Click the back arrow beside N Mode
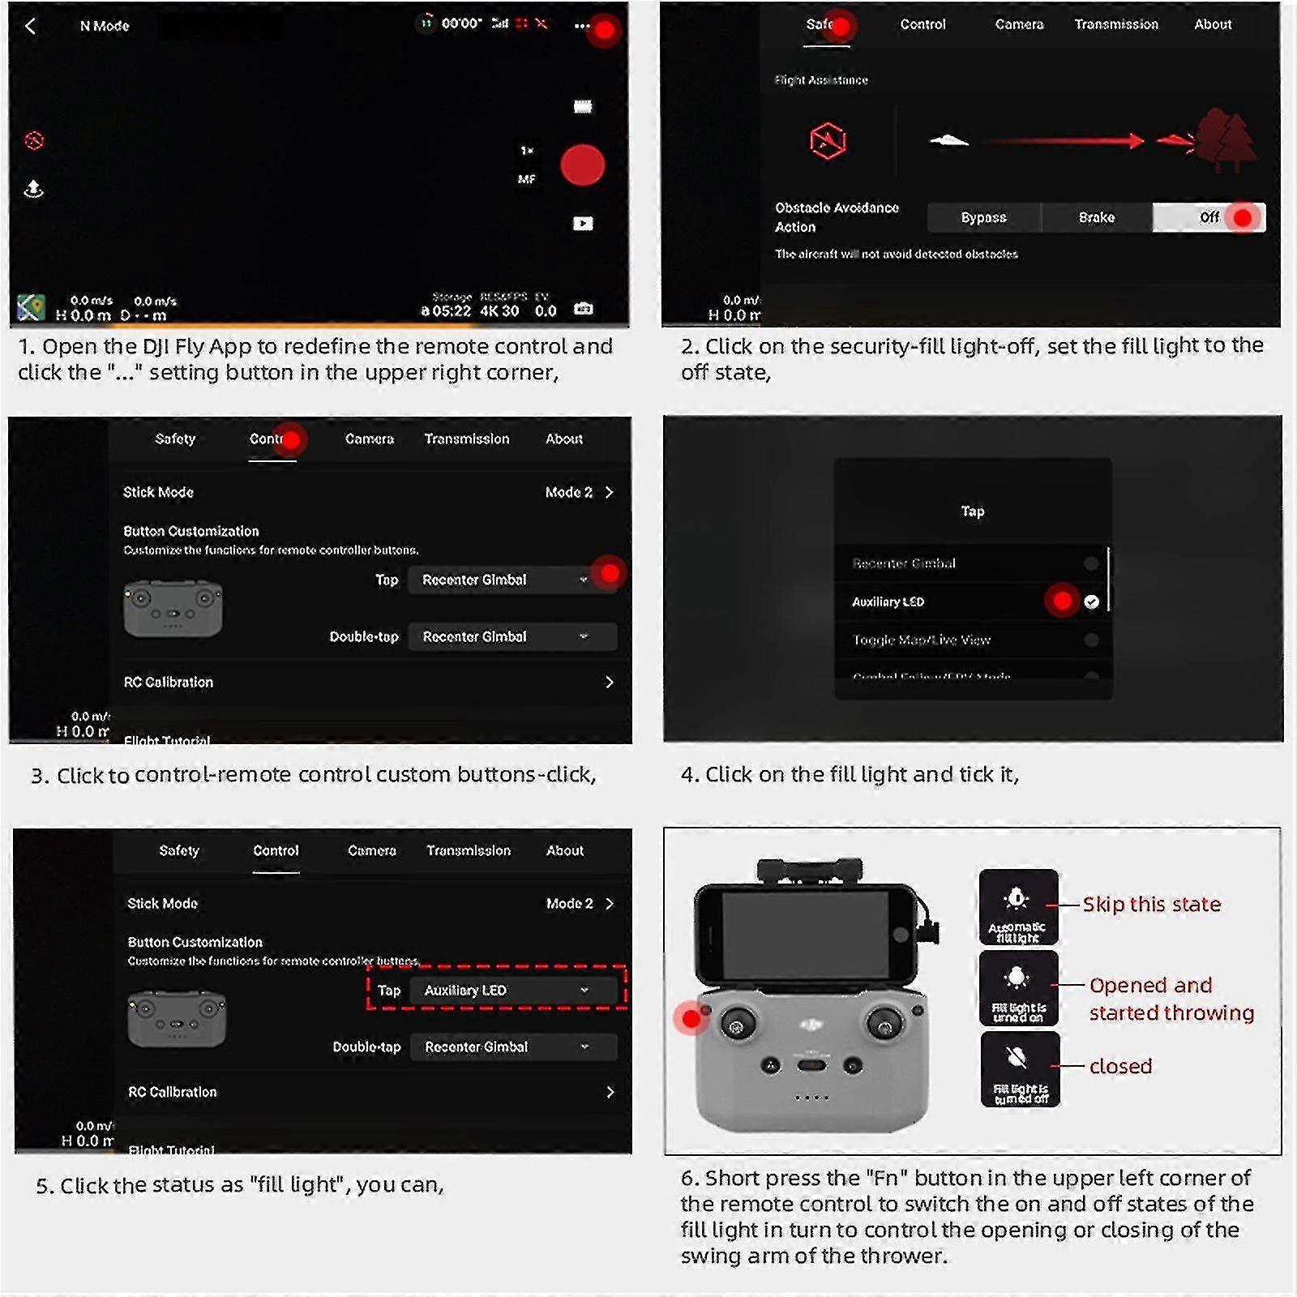pos(30,26)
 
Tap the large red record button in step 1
pos(582,165)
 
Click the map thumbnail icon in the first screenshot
pos(31,307)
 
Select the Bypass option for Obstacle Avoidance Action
pos(983,217)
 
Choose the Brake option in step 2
pos(1096,217)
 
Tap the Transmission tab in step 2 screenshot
pos(1115,24)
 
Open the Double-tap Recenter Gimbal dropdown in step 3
pos(512,636)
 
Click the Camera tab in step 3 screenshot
pos(369,439)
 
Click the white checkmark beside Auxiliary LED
pos(1091,601)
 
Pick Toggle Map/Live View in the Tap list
pos(922,640)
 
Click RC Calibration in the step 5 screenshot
pos(173,1092)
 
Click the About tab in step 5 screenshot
pos(564,850)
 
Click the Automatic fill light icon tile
pos(1018,907)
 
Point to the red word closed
pos(1120,1066)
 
